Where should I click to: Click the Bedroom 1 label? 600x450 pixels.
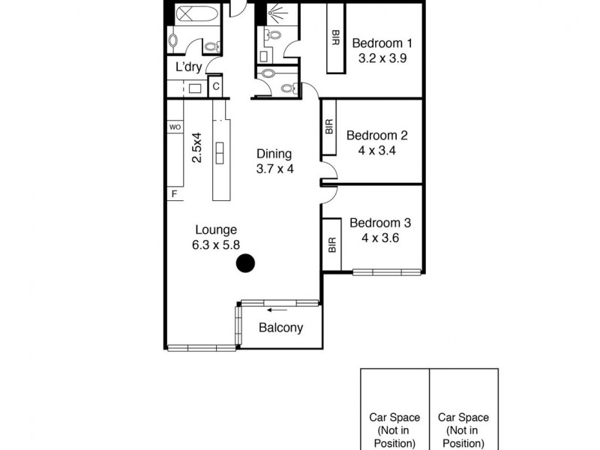click(x=379, y=43)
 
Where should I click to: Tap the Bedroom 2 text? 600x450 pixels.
click(x=376, y=136)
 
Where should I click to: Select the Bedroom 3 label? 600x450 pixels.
click(x=380, y=223)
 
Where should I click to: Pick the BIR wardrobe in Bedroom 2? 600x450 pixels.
click(x=329, y=127)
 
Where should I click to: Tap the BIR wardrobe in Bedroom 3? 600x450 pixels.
click(x=331, y=245)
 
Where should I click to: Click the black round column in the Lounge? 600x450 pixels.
click(x=245, y=263)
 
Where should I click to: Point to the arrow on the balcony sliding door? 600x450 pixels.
click(x=277, y=308)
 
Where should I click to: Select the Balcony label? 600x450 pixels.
click(x=280, y=328)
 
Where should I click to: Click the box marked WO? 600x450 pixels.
click(x=175, y=127)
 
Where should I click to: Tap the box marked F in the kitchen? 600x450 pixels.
click(x=175, y=194)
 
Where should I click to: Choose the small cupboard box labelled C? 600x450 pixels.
click(x=215, y=87)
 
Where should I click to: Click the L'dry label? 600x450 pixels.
click(x=187, y=67)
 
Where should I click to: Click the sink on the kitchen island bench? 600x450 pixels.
click(x=221, y=152)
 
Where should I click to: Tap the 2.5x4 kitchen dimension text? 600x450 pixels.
click(x=196, y=148)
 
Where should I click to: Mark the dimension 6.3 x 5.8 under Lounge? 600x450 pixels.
click(x=216, y=244)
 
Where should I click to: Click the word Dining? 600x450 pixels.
click(x=274, y=154)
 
